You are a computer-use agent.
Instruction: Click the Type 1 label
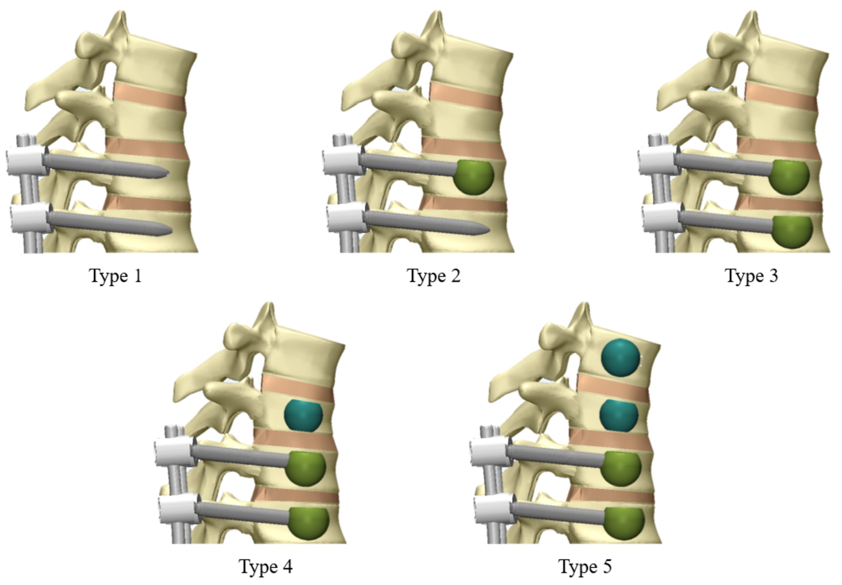115,276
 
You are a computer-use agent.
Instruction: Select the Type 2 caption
434,276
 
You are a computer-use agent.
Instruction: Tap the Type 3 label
751,276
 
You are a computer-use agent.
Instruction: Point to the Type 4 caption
266,566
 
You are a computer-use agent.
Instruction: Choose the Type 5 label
585,566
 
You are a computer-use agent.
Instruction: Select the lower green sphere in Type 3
792,232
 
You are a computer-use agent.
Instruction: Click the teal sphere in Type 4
304,415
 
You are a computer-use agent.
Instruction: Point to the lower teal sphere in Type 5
619,415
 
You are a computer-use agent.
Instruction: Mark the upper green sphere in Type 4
305,469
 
